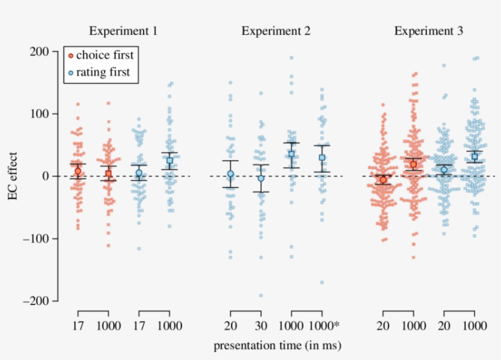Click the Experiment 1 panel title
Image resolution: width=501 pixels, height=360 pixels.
[123, 31]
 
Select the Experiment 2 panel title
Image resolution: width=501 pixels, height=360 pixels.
[276, 31]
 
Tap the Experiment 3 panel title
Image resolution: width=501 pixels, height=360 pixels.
[428, 31]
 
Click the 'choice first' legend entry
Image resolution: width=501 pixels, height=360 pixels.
[104, 55]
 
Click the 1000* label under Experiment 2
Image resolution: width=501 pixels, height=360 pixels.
[324, 326]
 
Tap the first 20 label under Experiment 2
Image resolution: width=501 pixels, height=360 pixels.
[230, 326]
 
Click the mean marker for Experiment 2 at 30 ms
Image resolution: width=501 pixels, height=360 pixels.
[261, 178]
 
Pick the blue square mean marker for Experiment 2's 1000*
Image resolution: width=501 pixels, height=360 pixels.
[322, 158]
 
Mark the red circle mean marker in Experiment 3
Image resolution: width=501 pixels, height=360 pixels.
[383, 180]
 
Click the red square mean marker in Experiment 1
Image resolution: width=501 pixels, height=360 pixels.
[109, 174]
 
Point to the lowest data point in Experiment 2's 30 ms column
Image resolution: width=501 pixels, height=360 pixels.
[261, 296]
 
